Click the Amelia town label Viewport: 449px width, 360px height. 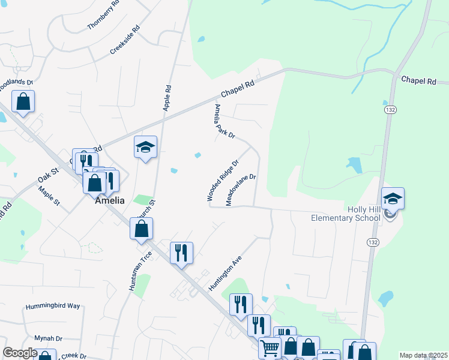110,201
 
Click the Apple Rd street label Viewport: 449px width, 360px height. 167,97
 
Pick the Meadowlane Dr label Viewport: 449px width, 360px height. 241,190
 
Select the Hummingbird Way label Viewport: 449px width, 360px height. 53,306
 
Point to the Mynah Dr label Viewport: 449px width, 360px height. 48,338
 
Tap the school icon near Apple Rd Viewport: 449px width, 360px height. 145,148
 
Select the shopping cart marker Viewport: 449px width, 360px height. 270,347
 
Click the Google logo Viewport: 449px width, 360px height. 20,353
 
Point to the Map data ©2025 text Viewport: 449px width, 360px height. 423,355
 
